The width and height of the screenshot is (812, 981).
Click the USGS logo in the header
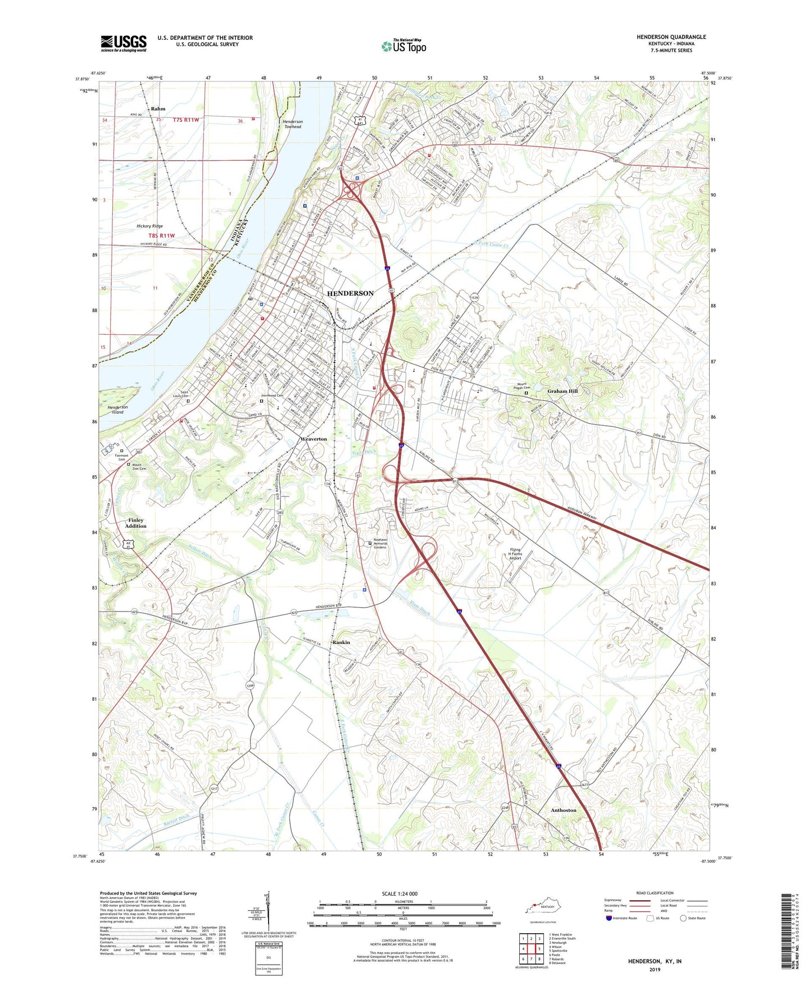tap(124, 43)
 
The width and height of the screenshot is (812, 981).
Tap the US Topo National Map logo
tap(403, 46)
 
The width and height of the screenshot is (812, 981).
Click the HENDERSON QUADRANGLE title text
tap(671, 37)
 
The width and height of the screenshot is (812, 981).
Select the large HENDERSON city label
tap(350, 293)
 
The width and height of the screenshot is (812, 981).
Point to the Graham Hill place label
tap(562, 391)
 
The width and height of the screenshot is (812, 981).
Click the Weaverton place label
tap(313, 439)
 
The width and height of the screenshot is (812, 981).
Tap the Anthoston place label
tap(563, 810)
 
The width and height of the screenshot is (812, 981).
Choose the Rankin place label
tap(341, 642)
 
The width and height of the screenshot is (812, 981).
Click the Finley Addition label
tap(136, 523)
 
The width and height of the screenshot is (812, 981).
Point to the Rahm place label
tap(158, 108)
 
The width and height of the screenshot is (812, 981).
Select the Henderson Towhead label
tap(292, 124)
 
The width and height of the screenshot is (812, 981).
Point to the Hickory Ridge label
tap(149, 226)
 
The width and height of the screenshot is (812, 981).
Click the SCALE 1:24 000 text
tap(400, 893)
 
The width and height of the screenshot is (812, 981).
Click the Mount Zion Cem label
tap(139, 467)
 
